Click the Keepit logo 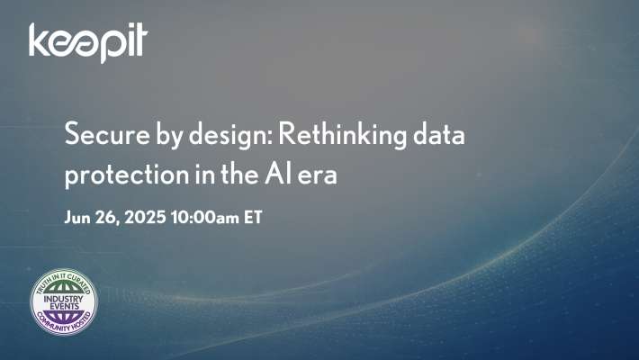point(86,42)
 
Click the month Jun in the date point(79,218)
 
